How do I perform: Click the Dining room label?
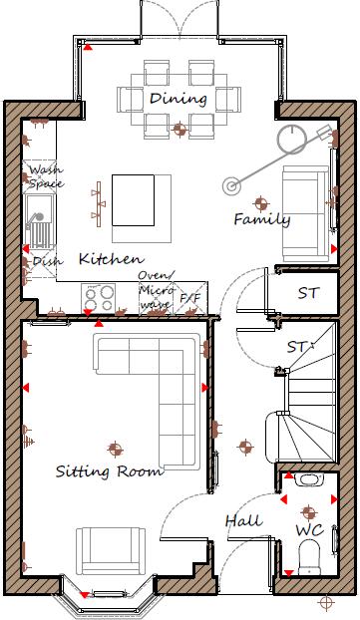[x=179, y=99]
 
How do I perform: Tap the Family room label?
[x=261, y=219]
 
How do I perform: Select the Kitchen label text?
[x=110, y=258]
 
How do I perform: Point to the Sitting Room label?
[x=109, y=470]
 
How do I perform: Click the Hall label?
[x=243, y=520]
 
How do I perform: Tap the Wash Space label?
[x=45, y=176]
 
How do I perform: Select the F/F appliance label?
[x=189, y=297]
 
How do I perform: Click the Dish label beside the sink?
[x=46, y=261]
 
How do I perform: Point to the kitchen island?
[x=133, y=200]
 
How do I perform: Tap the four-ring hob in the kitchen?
[x=100, y=296]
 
